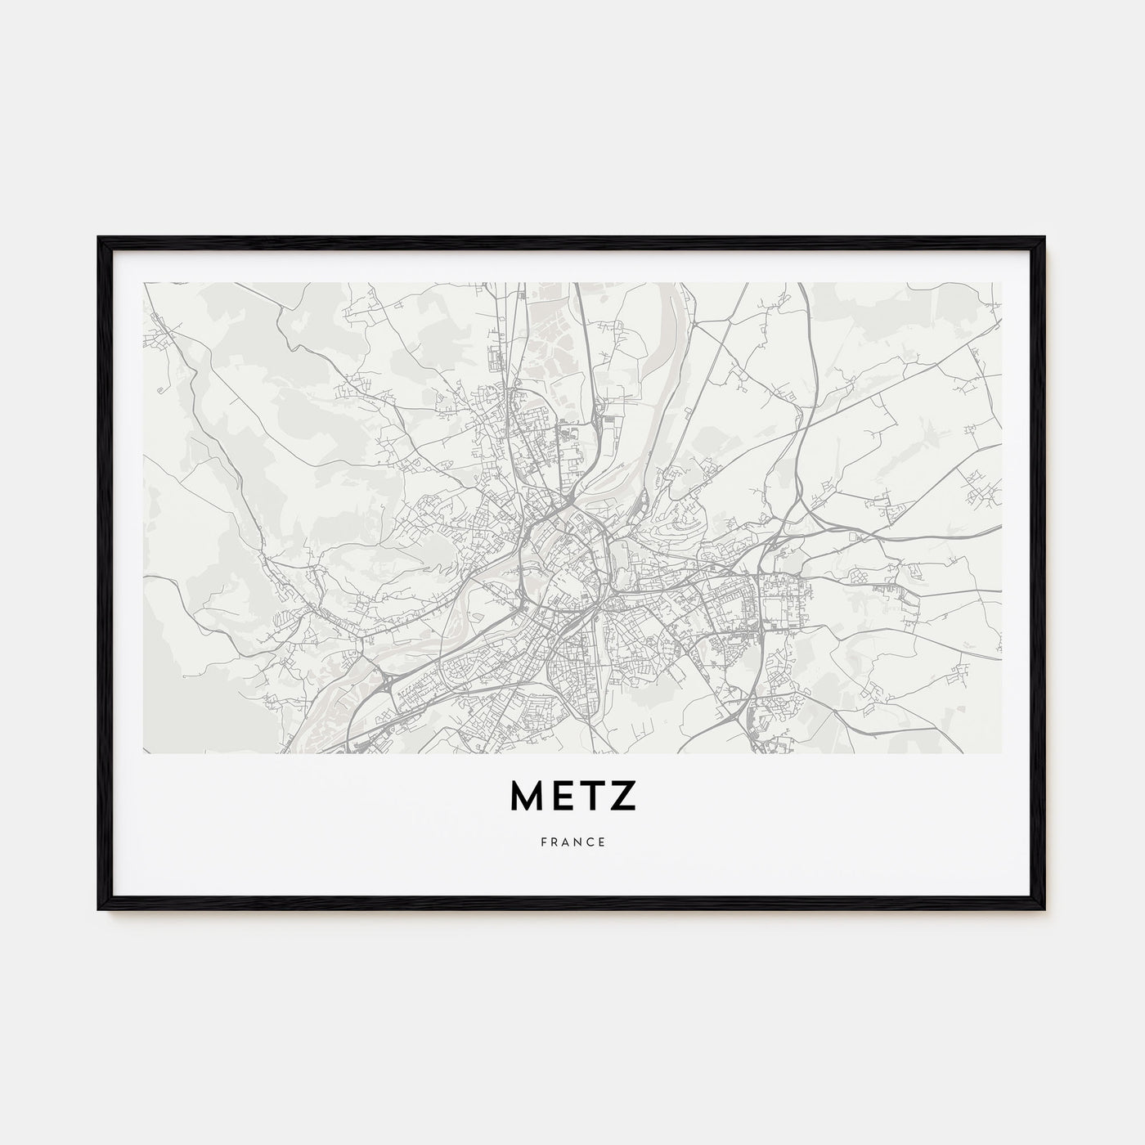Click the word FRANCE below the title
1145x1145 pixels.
pos(572,842)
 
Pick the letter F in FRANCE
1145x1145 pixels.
pos(542,842)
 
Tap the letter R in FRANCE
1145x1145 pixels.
pos(554,842)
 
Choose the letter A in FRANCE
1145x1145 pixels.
pos(566,842)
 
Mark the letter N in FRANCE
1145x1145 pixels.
pos(578,842)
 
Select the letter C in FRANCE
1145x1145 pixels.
pos(590,842)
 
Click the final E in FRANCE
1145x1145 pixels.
pos(603,842)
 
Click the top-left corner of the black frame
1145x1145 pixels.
pos(100,238)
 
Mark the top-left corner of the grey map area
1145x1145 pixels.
pos(144,284)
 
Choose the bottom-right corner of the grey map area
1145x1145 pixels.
pos(1000,752)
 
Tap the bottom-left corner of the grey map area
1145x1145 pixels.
pos(144,752)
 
